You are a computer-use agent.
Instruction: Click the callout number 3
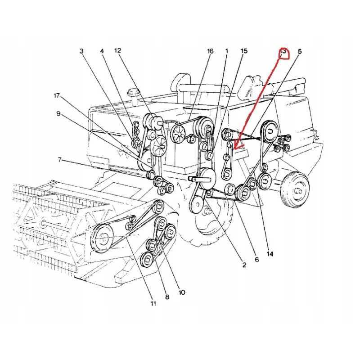click(x=81, y=52)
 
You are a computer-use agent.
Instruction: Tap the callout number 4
click(x=102, y=52)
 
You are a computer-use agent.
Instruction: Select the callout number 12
click(x=117, y=52)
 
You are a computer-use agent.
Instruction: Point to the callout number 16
click(x=210, y=52)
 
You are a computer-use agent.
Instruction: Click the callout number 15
click(x=244, y=52)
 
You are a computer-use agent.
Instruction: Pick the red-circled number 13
click(x=283, y=53)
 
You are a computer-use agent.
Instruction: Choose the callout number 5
click(x=300, y=52)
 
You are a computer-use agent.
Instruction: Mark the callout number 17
click(x=56, y=96)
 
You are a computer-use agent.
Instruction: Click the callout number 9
click(x=58, y=114)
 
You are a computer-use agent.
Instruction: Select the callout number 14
click(x=270, y=254)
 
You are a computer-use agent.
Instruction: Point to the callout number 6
click(x=256, y=259)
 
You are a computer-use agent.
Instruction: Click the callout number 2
click(x=244, y=265)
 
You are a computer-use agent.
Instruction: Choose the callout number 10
click(x=182, y=292)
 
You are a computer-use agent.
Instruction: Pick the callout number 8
click(x=167, y=297)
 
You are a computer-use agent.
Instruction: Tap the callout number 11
click(x=153, y=304)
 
